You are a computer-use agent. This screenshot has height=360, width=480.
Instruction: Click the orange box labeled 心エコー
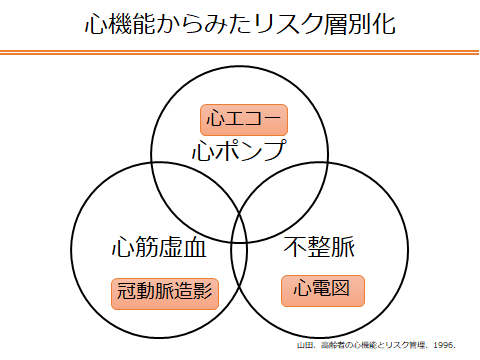[244, 120]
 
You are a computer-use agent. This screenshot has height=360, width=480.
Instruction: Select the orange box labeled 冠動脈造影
[165, 294]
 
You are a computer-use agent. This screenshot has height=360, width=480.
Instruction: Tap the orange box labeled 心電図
[323, 291]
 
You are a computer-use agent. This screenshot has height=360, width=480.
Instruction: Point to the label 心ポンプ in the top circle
[239, 150]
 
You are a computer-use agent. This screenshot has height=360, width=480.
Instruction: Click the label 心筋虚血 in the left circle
[159, 247]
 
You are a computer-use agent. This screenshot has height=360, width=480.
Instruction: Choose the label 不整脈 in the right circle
[319, 247]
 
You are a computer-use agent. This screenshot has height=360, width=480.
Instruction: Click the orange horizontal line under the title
[239, 52]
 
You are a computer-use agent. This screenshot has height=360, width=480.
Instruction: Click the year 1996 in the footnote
[444, 345]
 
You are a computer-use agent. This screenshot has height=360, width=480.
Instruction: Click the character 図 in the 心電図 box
[341, 289]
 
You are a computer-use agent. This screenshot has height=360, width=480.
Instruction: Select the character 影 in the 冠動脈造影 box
[203, 290]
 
